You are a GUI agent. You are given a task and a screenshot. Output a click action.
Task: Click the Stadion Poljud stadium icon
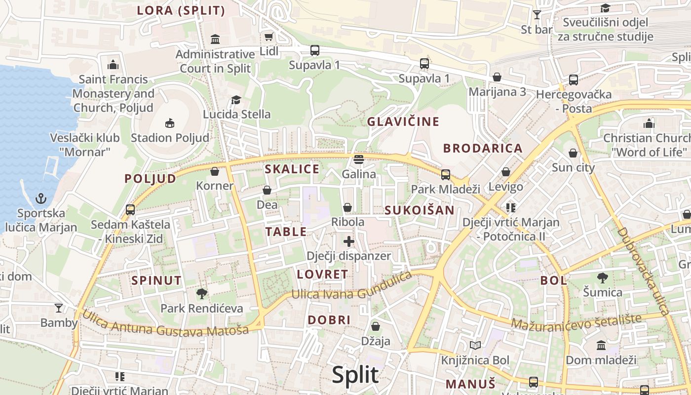click(x=170, y=122)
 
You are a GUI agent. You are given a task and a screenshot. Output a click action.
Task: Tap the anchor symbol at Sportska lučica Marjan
click(x=41, y=199)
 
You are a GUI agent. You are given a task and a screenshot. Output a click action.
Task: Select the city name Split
click(x=355, y=375)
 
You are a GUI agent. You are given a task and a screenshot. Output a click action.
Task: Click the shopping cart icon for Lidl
click(x=269, y=37)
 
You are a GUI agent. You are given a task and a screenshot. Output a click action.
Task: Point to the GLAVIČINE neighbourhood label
click(x=403, y=121)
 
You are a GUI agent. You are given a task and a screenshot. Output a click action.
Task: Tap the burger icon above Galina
click(x=359, y=159)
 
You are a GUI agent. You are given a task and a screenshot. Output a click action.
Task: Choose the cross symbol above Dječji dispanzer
click(x=349, y=241)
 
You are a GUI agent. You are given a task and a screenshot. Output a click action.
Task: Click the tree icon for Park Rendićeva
click(x=201, y=294)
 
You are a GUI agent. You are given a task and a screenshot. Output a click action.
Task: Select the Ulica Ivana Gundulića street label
click(x=351, y=286)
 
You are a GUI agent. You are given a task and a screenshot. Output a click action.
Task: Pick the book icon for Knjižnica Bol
click(x=475, y=346)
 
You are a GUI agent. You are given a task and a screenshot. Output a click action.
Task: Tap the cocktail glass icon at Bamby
click(x=59, y=309)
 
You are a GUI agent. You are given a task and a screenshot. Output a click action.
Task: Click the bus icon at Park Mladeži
click(x=446, y=174)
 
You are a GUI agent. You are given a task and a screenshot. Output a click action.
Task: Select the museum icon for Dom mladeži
click(x=601, y=345)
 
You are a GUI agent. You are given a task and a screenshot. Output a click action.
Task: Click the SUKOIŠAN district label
click(x=419, y=210)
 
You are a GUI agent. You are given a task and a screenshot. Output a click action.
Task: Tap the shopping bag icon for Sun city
click(x=573, y=153)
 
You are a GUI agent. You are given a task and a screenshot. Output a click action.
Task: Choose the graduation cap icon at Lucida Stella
click(x=236, y=100)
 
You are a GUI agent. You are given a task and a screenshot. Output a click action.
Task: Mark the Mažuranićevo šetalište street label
click(x=576, y=321)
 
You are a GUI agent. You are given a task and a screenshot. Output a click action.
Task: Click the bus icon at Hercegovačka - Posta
click(x=573, y=79)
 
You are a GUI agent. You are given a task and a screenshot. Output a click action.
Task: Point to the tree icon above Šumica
click(x=602, y=277)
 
